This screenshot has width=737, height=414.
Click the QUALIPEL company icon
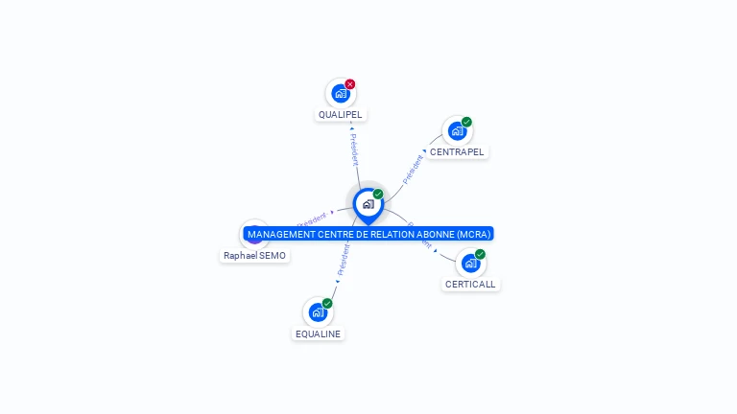click(x=340, y=94)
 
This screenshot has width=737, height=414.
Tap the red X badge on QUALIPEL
click(x=350, y=84)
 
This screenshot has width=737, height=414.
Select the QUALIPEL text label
click(x=341, y=115)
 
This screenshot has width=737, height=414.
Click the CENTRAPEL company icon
click(x=457, y=131)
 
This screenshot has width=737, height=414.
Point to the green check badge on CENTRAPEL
click(x=466, y=122)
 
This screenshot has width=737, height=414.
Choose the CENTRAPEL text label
click(x=457, y=152)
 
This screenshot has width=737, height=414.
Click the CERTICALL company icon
click(x=470, y=264)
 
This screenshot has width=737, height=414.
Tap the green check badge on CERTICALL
click(x=480, y=254)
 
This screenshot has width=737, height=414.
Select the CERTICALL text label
click(x=471, y=285)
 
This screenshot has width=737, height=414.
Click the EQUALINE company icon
click(x=318, y=312)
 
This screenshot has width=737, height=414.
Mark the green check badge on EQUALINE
click(x=327, y=303)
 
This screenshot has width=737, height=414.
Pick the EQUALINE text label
click(x=318, y=333)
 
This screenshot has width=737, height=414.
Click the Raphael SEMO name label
click(x=255, y=256)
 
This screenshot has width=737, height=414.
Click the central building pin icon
click(x=368, y=204)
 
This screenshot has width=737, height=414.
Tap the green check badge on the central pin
click(x=378, y=194)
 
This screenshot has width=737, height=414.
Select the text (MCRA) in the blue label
click(x=473, y=234)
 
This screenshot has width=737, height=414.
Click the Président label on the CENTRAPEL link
click(x=414, y=168)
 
